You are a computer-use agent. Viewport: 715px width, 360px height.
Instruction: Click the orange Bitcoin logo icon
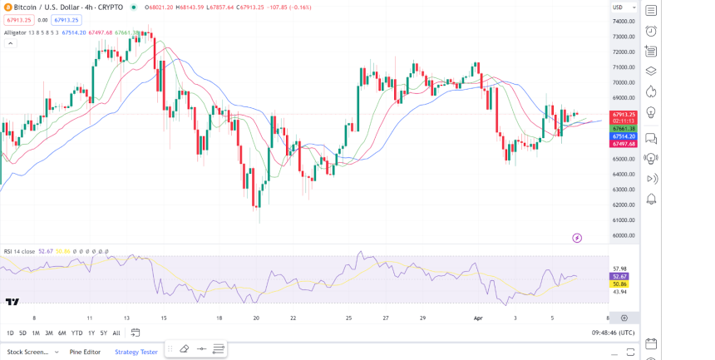click(7, 7)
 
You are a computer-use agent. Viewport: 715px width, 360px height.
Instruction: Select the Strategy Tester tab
click(136, 352)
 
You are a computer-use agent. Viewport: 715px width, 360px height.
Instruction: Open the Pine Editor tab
click(85, 352)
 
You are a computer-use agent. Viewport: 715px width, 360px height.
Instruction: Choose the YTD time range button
click(76, 333)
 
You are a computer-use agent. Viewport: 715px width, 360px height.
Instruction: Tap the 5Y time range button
click(103, 333)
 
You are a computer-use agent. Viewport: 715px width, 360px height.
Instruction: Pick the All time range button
click(116, 333)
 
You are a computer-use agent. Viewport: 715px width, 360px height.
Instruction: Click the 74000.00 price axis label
click(624, 22)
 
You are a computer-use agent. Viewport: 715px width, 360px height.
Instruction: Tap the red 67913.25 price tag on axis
click(624, 114)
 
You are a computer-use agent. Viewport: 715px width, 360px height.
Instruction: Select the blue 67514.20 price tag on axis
click(624, 136)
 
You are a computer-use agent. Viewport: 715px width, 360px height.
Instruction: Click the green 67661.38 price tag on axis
click(624, 129)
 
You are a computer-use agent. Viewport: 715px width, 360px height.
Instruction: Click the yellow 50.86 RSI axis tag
click(619, 284)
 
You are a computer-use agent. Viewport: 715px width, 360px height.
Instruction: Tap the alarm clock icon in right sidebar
click(651, 32)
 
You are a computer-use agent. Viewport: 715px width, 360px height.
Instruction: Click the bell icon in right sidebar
click(651, 199)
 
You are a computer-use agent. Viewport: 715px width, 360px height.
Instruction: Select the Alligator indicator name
click(15, 32)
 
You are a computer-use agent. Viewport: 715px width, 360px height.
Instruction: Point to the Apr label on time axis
click(478, 318)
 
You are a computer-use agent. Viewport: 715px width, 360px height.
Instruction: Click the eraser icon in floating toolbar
click(185, 349)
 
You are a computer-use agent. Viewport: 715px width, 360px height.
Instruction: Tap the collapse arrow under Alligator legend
click(11, 43)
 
